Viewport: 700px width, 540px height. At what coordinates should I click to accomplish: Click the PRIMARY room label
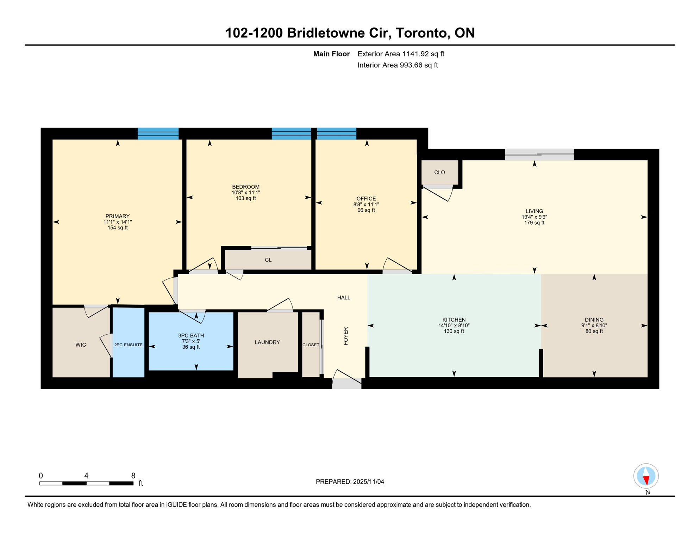click(118, 216)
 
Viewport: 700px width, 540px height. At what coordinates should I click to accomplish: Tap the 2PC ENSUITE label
click(129, 345)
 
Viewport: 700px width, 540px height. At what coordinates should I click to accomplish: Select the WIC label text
click(81, 345)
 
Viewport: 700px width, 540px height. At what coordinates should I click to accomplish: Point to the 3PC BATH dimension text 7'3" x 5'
click(191, 341)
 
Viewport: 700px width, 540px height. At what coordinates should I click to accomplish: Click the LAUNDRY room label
click(267, 342)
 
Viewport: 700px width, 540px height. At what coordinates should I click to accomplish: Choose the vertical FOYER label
click(346, 336)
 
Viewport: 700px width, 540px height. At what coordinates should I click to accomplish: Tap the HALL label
click(344, 298)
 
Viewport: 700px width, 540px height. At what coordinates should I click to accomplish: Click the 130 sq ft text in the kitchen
click(454, 331)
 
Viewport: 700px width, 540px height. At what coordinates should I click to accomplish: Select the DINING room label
click(594, 320)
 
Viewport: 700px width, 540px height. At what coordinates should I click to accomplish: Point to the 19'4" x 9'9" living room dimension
click(534, 217)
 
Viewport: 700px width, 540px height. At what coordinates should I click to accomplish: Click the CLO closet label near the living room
click(439, 172)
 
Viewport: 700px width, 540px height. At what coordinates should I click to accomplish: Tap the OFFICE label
click(366, 199)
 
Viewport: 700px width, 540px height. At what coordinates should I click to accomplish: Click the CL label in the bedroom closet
click(268, 260)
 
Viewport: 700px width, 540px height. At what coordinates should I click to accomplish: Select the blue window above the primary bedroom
click(158, 134)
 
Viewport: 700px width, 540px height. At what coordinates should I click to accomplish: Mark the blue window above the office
click(337, 134)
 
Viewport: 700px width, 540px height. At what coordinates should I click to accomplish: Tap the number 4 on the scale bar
click(86, 476)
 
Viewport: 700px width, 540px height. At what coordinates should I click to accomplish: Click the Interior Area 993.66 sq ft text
click(398, 65)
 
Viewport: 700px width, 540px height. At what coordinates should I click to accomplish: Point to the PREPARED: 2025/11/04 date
click(350, 482)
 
